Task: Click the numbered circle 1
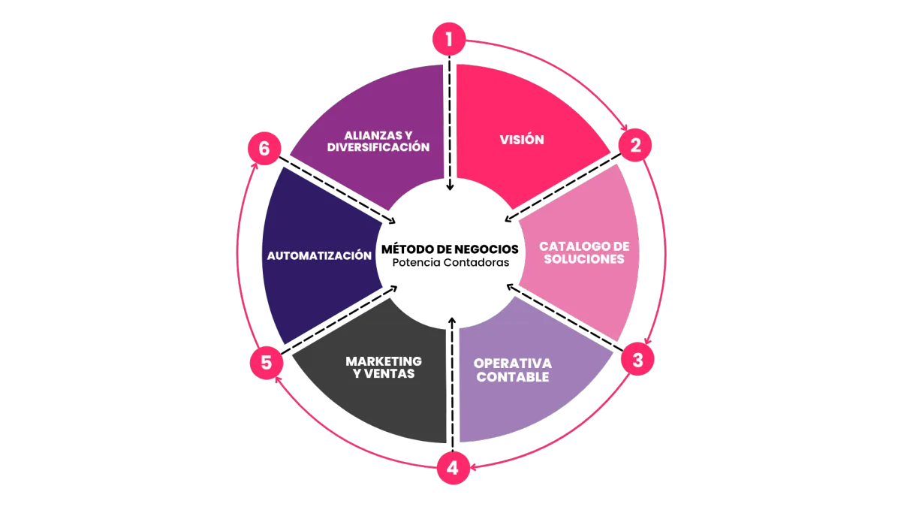pyautogui.click(x=449, y=39)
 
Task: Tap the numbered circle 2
pyautogui.click(x=635, y=145)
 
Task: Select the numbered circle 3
pyautogui.click(x=637, y=361)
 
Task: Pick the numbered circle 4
pyautogui.click(x=453, y=469)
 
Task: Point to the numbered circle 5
pyautogui.click(x=266, y=363)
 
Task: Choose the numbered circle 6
pyautogui.click(x=264, y=149)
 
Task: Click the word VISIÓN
pyautogui.click(x=522, y=140)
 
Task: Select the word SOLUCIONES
pyautogui.click(x=584, y=259)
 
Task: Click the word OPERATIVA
pyautogui.click(x=513, y=364)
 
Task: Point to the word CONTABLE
pyautogui.click(x=513, y=377)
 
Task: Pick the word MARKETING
pyautogui.click(x=384, y=361)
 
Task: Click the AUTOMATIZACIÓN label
pyautogui.click(x=319, y=255)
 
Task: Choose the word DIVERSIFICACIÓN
pyautogui.click(x=378, y=147)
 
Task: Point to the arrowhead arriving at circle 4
pyautogui.click(x=475, y=466)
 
